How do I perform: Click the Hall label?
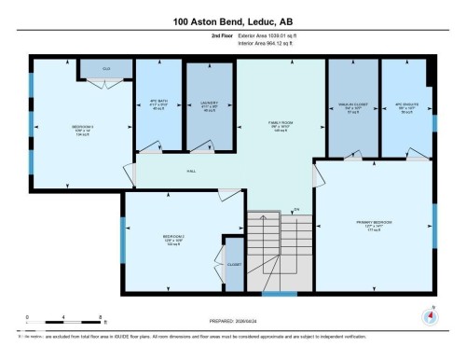click(190, 171)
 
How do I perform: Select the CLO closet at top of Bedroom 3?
click(106, 69)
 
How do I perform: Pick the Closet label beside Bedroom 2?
click(233, 265)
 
